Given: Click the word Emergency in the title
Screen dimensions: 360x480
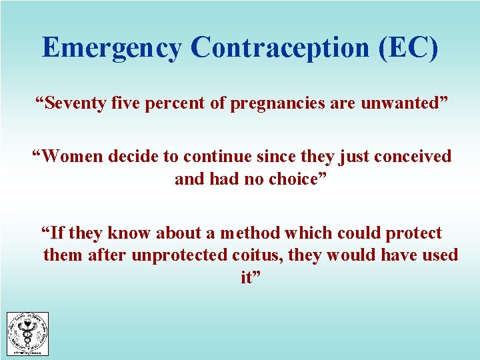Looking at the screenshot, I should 111,48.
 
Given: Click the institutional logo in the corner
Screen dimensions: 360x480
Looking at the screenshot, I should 27,334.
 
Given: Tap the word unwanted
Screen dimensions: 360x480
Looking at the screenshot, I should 406,105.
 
